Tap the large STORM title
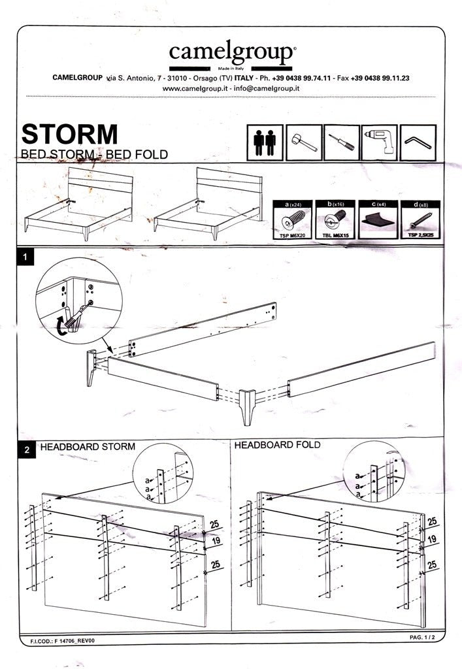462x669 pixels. [70, 133]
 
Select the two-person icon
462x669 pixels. [265, 142]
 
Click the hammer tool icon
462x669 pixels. [303, 142]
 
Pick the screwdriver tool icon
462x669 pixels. [341, 142]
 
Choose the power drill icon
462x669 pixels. [379, 142]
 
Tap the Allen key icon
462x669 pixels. [418, 142]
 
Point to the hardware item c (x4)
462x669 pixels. [376, 221]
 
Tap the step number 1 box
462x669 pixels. [25, 258]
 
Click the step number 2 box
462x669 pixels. [25, 449]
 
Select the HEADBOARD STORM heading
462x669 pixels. [88, 447]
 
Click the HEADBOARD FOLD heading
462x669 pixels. [277, 445]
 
